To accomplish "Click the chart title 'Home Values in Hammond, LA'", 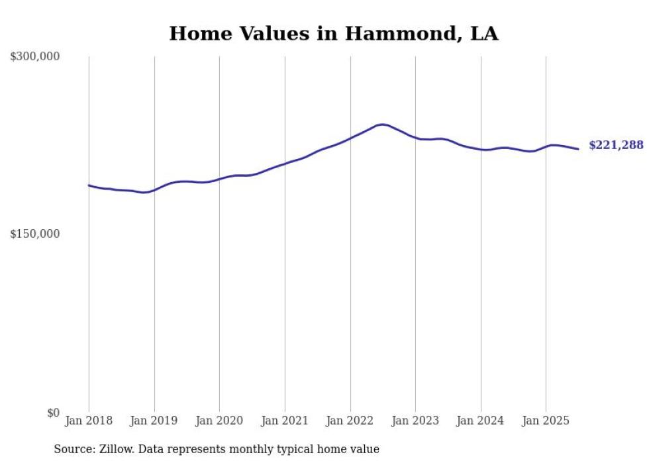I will click(x=333, y=33).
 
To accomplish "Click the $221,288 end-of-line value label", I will click(x=615, y=145).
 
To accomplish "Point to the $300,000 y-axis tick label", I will click(x=35, y=57).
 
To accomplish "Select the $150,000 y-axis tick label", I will click(x=35, y=234).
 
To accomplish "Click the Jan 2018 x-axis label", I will click(x=89, y=421).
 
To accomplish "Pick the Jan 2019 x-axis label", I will click(x=154, y=421).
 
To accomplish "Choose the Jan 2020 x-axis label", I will click(x=220, y=421).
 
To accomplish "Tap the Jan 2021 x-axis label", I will click(x=285, y=421).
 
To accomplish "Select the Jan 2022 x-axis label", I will click(x=350, y=421).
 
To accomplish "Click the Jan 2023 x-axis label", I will click(x=415, y=421).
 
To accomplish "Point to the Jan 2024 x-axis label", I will click(x=481, y=421).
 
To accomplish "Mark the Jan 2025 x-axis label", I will click(x=546, y=421).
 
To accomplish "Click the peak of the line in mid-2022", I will click(x=382, y=125).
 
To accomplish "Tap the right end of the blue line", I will click(x=578, y=149).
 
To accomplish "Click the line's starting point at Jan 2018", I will click(x=89, y=185).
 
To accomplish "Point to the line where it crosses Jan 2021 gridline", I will click(x=285, y=164).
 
